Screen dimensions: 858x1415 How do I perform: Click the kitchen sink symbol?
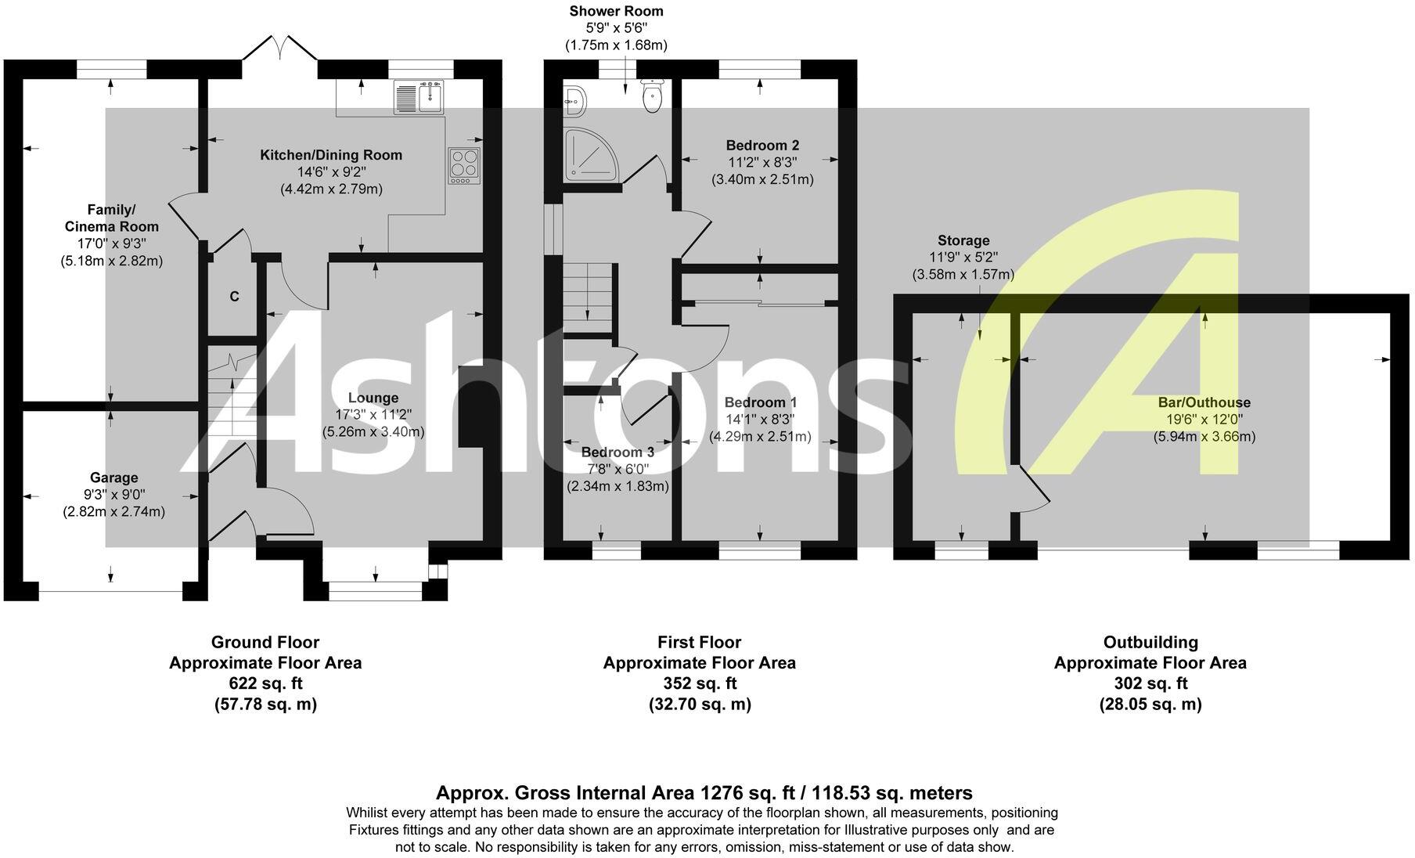(x=419, y=97)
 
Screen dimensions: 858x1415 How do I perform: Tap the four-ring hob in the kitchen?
(x=464, y=165)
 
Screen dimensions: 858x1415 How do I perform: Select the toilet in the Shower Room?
(x=652, y=96)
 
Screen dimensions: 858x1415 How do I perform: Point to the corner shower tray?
(x=591, y=153)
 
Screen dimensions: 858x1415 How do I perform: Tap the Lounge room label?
(x=373, y=398)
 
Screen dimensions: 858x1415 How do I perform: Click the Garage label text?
(x=114, y=478)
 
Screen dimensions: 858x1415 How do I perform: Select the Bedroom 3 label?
(x=617, y=452)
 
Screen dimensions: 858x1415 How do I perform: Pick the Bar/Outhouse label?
(x=1204, y=402)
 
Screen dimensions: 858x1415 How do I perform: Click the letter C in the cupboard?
(x=234, y=297)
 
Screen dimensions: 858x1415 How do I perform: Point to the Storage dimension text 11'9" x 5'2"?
(x=963, y=258)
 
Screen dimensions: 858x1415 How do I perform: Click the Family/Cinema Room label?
(x=111, y=218)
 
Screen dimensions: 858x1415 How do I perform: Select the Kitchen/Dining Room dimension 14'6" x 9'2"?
(x=331, y=172)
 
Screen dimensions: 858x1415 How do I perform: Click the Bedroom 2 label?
(x=762, y=145)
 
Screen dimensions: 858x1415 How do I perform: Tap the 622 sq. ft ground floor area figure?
(x=265, y=683)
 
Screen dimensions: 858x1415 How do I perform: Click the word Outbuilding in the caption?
(x=1150, y=643)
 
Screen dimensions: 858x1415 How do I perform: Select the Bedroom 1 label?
(x=760, y=402)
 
